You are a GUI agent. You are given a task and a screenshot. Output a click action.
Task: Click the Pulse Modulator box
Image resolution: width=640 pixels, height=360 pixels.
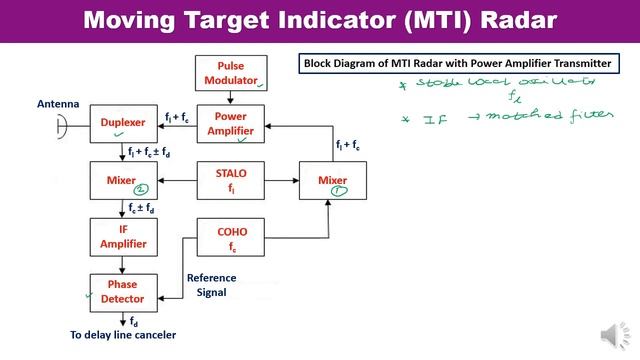pos(232,72)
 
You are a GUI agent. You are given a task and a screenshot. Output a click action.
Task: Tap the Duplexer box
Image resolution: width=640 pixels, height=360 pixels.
pos(123,123)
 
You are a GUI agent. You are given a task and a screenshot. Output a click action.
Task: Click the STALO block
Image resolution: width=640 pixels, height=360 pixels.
pos(232,180)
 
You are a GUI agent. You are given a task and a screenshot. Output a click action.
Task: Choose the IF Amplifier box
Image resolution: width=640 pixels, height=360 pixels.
pos(123,238)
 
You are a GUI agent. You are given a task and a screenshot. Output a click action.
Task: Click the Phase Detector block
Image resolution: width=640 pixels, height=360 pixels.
pos(123,292)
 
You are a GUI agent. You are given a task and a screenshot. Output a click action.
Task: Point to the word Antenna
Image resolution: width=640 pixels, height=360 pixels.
pos(58,103)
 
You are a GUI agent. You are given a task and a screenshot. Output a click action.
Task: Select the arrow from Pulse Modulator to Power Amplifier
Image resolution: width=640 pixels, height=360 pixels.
pos(232,97)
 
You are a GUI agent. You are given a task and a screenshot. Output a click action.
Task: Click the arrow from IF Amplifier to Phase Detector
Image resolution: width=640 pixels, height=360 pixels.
pos(123,264)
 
